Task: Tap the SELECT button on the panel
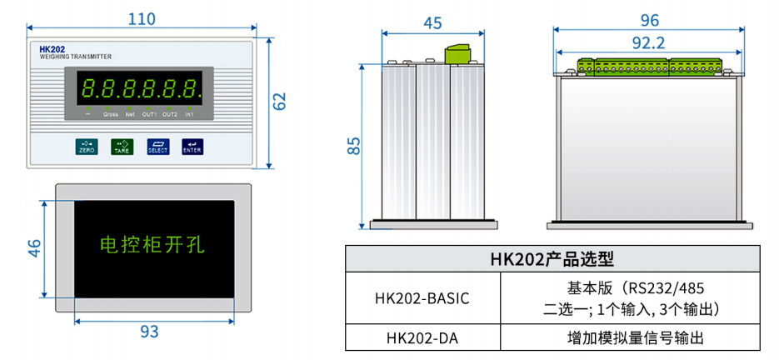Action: [157, 147]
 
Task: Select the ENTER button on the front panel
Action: [192, 147]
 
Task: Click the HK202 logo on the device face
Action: [52, 50]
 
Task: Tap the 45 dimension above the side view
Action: [432, 23]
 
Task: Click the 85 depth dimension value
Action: [355, 146]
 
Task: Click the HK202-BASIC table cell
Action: [422, 298]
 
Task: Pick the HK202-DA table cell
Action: [422, 338]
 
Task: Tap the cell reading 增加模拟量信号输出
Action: [631, 338]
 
